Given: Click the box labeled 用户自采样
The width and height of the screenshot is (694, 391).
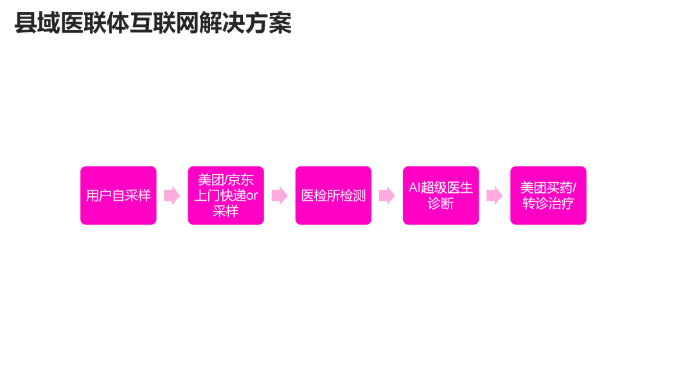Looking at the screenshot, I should (x=118, y=195).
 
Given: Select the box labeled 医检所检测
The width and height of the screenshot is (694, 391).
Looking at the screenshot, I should (x=333, y=195).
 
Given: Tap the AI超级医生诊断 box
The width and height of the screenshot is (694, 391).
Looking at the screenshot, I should (x=441, y=195).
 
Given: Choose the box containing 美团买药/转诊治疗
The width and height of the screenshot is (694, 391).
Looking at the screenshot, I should (x=548, y=195).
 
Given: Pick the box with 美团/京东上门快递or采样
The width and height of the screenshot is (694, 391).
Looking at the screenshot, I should (x=226, y=195).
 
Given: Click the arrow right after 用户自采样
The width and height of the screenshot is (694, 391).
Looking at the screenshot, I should (x=172, y=195).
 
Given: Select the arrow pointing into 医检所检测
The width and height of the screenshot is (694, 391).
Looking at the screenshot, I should (x=279, y=195).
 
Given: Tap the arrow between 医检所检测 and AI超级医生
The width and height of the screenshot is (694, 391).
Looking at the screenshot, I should (x=387, y=195).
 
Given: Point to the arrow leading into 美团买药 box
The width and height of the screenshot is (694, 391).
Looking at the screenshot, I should (x=494, y=195).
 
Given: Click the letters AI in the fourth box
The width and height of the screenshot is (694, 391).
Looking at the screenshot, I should (x=414, y=188).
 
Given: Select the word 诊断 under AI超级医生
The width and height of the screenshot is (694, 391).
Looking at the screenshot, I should (x=441, y=204).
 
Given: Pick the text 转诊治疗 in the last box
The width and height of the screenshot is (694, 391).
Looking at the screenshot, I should (x=548, y=204).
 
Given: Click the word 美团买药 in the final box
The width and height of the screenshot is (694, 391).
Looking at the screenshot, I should (x=546, y=188).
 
